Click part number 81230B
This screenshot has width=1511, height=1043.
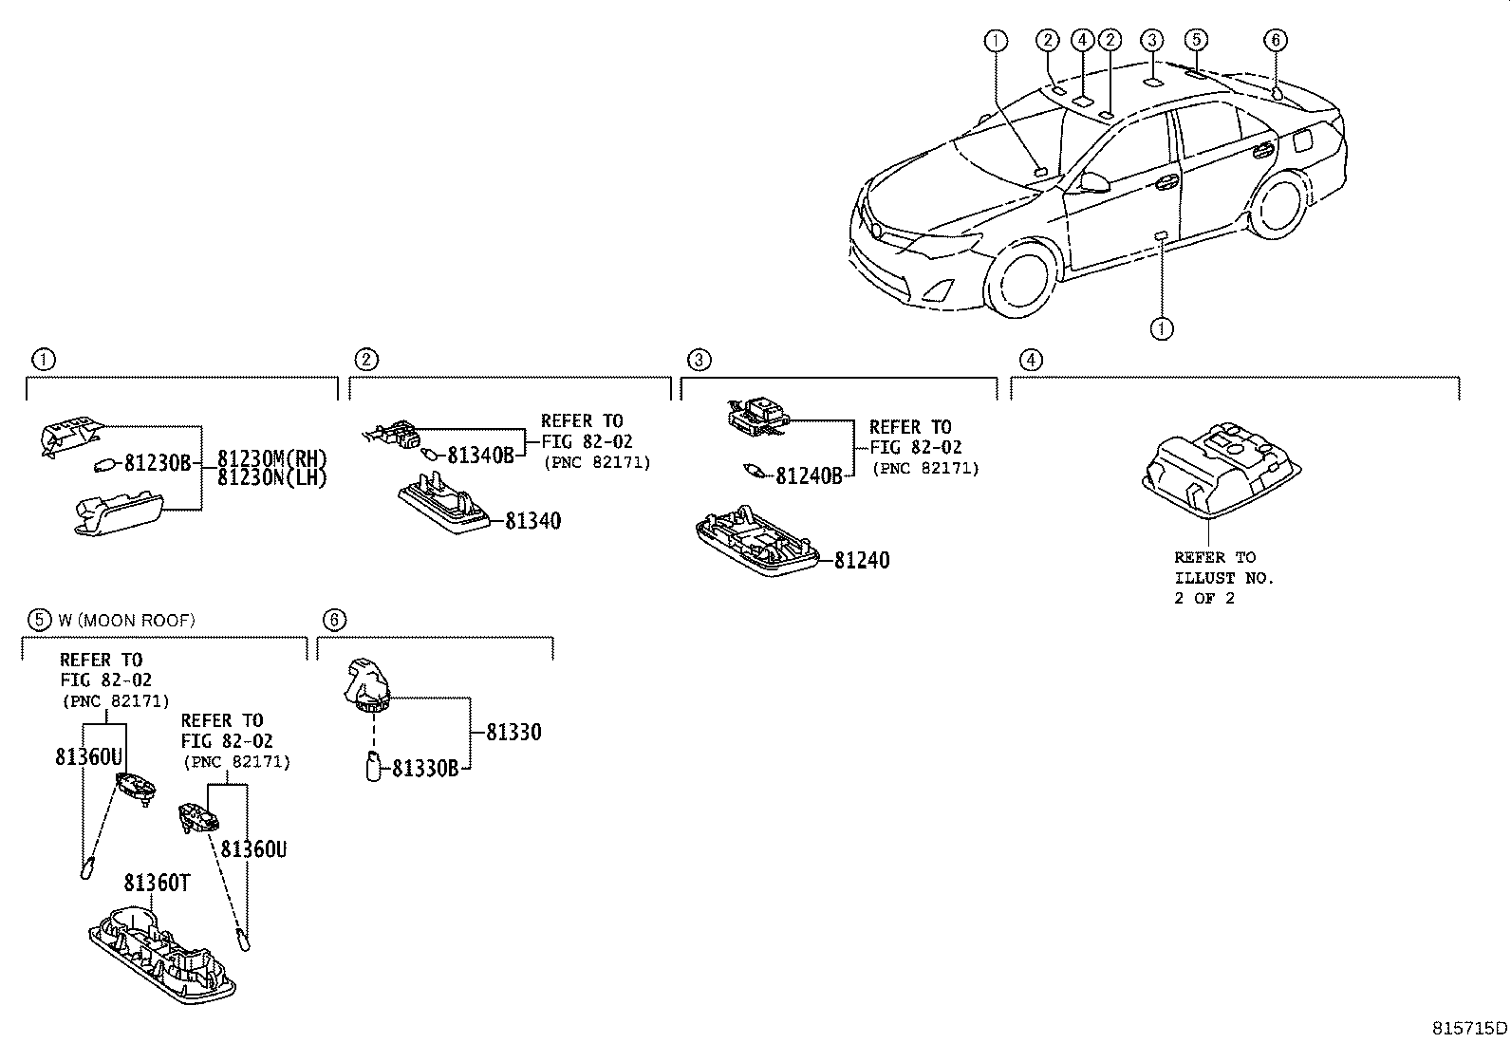(x=158, y=464)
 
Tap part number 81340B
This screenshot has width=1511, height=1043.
(x=480, y=456)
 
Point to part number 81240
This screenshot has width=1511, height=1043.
(x=862, y=561)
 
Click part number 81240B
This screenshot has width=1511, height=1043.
(x=809, y=476)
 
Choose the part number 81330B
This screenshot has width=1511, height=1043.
(x=425, y=768)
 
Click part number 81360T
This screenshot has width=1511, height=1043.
(x=157, y=884)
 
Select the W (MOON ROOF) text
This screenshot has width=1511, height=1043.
(x=126, y=621)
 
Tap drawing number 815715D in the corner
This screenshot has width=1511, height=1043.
(x=1469, y=1028)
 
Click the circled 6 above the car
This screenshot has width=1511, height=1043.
(x=1276, y=40)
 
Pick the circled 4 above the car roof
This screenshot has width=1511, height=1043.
(x=1082, y=40)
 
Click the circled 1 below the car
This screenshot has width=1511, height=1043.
(x=1162, y=328)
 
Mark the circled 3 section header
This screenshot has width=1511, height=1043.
(x=698, y=360)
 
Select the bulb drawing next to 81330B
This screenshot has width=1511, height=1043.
(x=373, y=766)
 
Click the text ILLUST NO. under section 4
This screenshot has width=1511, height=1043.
(x=1223, y=578)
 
